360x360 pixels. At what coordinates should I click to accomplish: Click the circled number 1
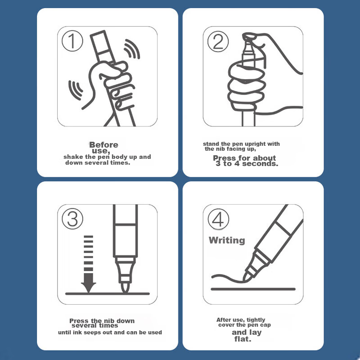[72, 41]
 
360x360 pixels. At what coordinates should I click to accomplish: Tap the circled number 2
[218, 41]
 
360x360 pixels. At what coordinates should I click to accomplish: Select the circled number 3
[72, 219]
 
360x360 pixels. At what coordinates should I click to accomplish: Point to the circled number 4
[218, 219]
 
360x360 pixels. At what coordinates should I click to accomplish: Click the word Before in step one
[103, 144]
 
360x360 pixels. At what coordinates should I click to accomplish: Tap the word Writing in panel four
[227, 240]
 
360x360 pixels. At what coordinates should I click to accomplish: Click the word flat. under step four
[243, 339]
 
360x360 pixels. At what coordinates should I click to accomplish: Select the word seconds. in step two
[260, 163]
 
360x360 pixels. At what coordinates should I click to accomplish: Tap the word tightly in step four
[256, 320]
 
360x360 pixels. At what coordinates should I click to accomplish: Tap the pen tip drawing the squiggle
[245, 278]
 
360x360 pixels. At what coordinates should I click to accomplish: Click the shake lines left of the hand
[75, 90]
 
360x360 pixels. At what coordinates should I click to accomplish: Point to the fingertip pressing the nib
[249, 36]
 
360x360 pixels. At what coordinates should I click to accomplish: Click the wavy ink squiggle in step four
[227, 278]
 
